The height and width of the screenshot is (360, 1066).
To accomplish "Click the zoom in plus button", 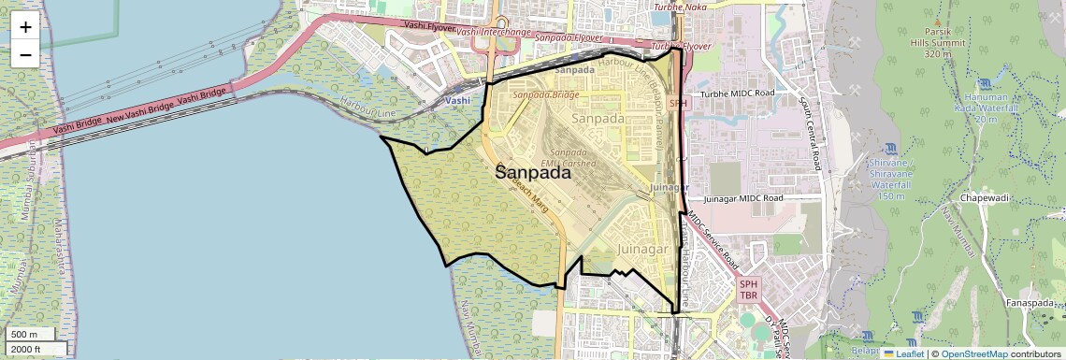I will click(25, 26).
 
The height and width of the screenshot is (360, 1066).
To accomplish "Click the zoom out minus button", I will click(25, 54).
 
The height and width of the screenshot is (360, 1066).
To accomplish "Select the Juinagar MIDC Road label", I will click(742, 198).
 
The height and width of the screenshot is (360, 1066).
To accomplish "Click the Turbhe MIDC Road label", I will click(738, 94).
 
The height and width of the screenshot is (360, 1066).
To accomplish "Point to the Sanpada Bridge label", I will click(545, 94).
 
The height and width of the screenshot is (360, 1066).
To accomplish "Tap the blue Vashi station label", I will click(458, 100).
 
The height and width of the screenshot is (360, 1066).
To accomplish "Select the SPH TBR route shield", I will click(748, 289).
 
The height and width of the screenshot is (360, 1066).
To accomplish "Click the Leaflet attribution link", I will click(904, 353).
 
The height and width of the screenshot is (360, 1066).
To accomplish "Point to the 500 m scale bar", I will click(32, 335).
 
